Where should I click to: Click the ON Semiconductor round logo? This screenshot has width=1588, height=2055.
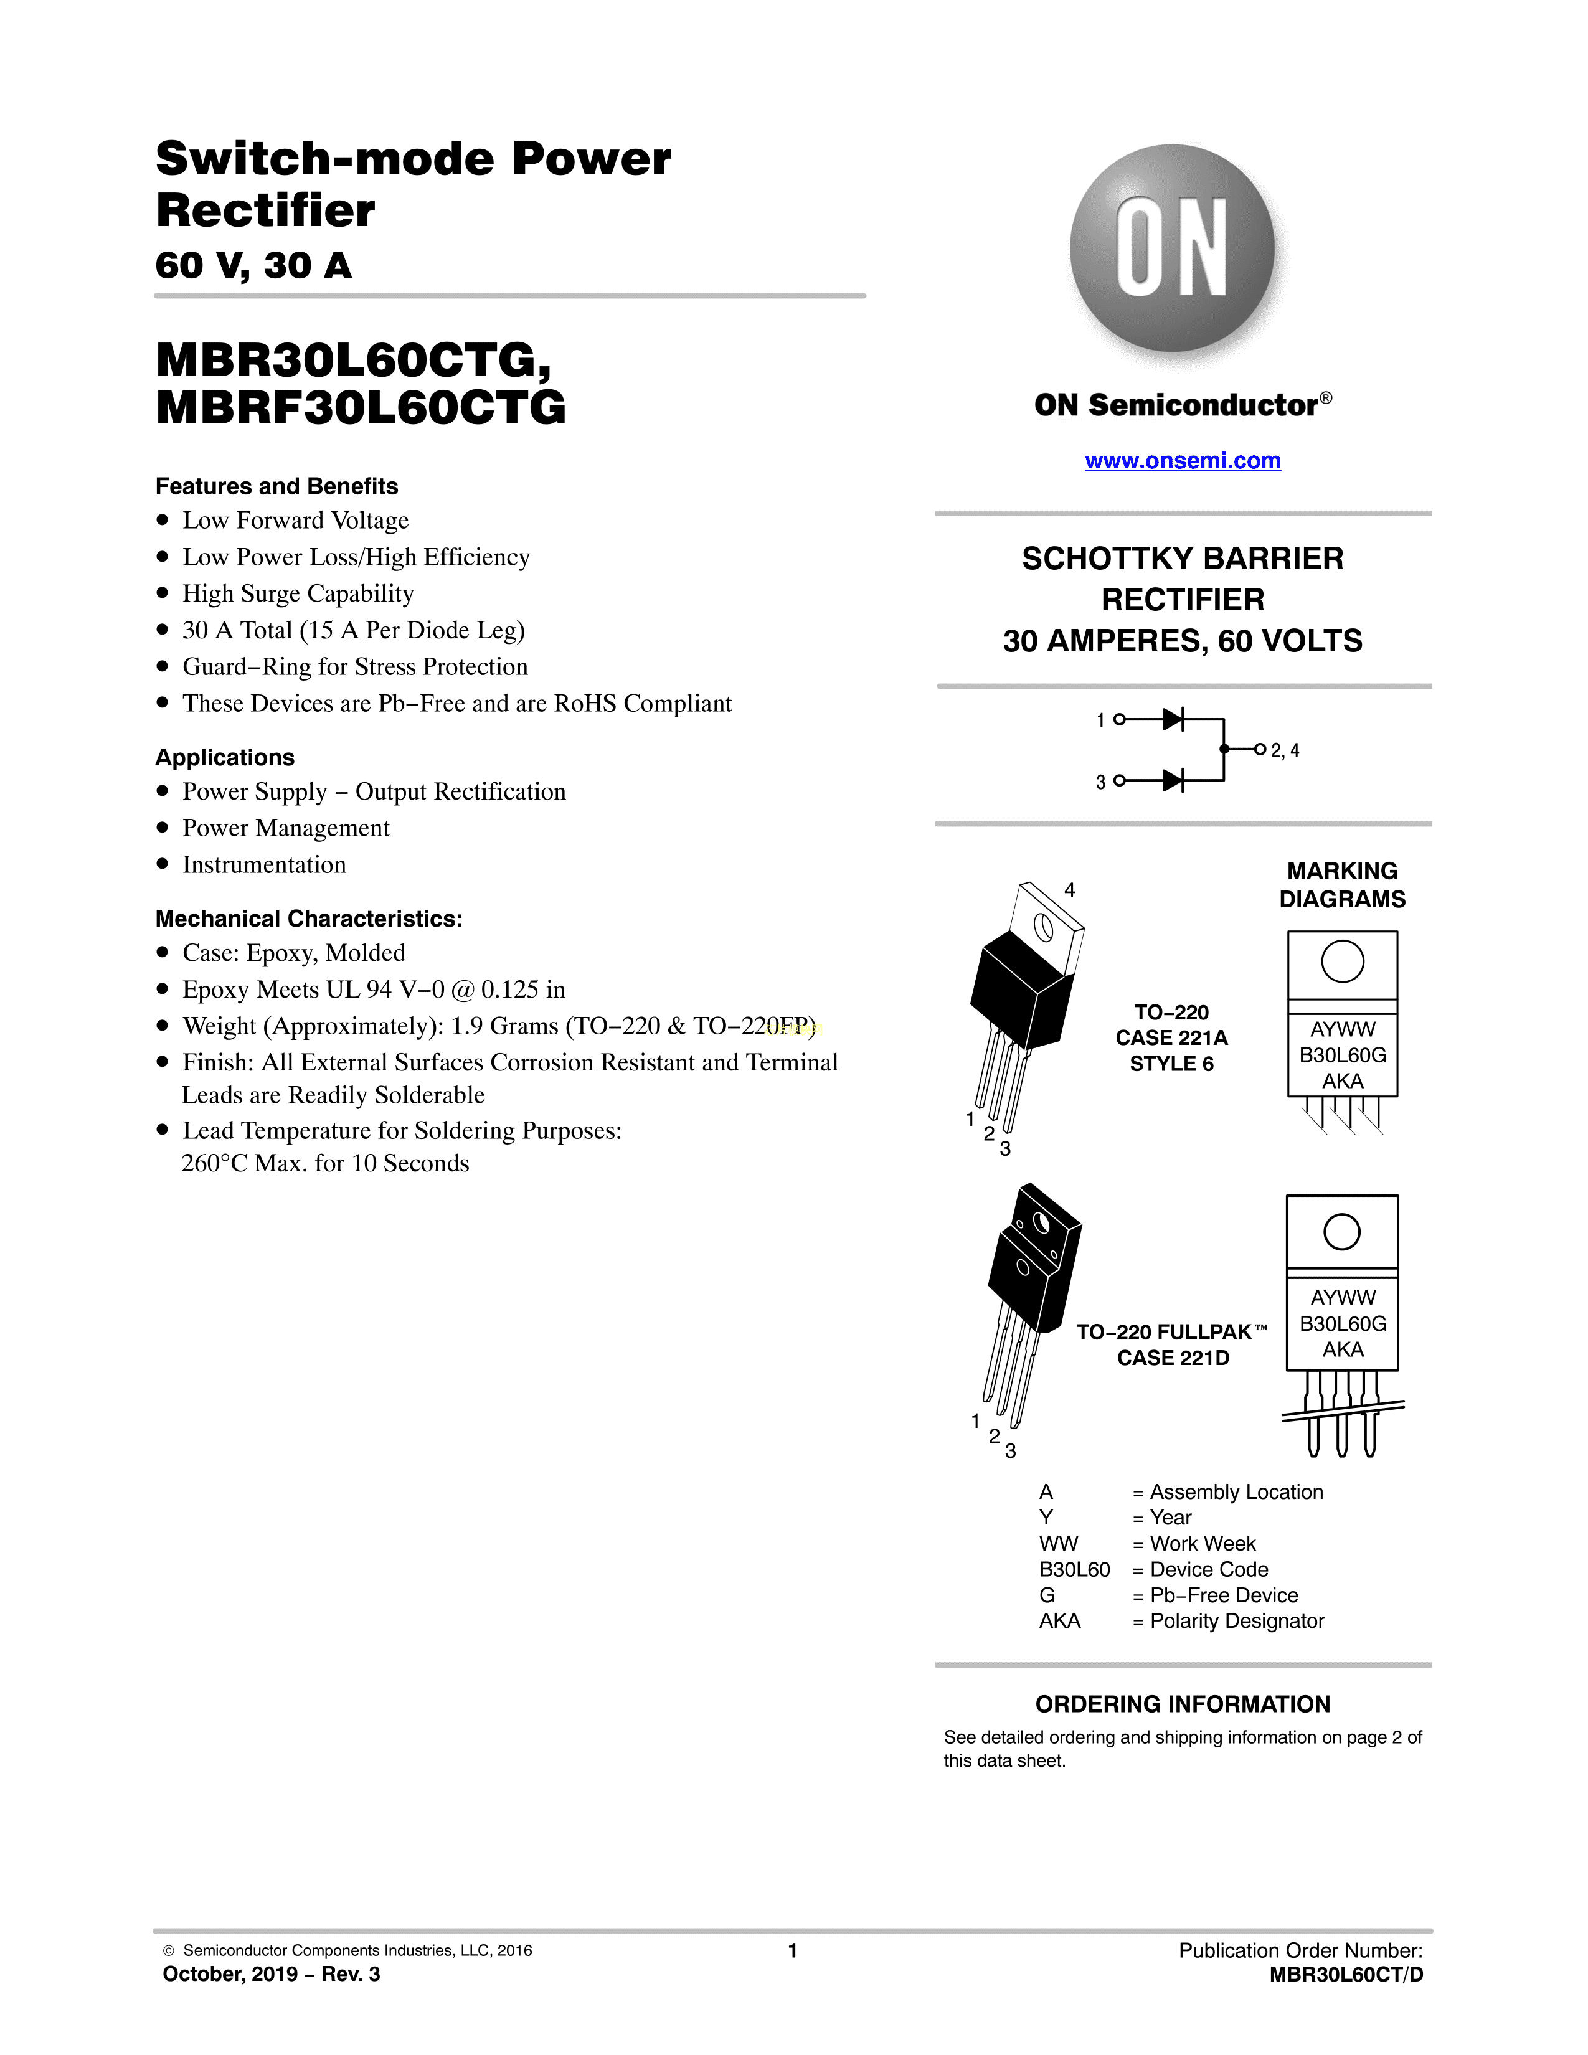pos(1172,248)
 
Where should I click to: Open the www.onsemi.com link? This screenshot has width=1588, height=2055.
pos(1183,461)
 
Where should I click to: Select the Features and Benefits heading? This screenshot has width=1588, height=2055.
pos(276,486)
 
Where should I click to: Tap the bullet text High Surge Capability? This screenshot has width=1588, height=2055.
pos(298,593)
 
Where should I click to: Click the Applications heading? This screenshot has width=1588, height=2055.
pos(225,757)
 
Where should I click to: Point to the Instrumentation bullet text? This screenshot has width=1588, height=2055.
pos(264,865)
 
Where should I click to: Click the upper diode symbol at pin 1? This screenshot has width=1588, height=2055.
pos(1172,720)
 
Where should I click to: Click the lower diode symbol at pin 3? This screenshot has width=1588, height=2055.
pos(1172,780)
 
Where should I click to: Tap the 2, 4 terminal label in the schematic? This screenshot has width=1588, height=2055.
pos(1285,751)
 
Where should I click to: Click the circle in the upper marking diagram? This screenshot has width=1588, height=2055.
pos(1343,961)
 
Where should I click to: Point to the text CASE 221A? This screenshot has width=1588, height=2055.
pos(1171,1038)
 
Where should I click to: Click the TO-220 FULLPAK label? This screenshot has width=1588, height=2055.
pos(1165,1333)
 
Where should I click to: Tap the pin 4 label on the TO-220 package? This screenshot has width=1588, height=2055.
pos(1070,890)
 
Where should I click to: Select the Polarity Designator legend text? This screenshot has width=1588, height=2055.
pos(1237,1621)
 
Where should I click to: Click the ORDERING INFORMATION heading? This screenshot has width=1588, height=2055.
pos(1183,1704)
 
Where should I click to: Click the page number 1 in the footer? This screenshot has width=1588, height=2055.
pos(793,1950)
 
